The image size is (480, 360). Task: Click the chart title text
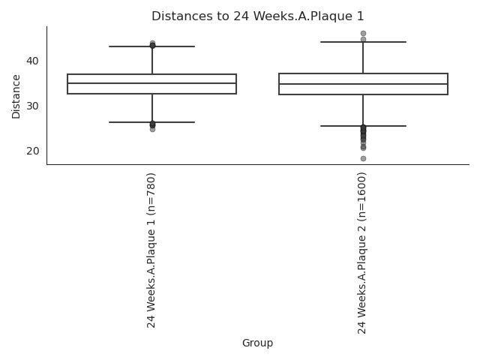[258, 16]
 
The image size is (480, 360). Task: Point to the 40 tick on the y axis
[33, 61]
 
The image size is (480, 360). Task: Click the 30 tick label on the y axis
[33, 106]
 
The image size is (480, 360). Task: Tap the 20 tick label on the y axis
[33, 151]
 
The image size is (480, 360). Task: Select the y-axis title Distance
[16, 97]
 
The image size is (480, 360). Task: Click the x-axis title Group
[257, 343]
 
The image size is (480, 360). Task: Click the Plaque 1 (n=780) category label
[151, 250]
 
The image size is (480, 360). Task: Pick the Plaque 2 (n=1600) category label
[361, 253]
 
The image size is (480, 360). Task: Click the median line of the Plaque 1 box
[151, 83]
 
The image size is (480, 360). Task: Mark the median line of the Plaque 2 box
[363, 84]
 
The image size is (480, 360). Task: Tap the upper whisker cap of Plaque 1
[151, 46]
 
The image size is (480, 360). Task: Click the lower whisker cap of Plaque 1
[151, 122]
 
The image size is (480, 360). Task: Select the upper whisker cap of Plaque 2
[363, 42]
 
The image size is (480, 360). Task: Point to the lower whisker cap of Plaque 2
[363, 126]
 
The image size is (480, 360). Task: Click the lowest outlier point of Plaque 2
[363, 158]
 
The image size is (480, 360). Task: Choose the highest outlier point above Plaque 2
[363, 33]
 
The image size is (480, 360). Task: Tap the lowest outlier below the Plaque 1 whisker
[152, 130]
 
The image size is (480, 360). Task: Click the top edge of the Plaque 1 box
[151, 74]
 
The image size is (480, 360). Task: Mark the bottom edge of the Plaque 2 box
[363, 94]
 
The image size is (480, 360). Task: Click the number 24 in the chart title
[240, 16]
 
